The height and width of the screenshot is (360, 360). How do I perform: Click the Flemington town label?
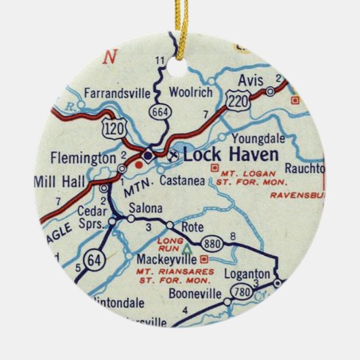(83, 158)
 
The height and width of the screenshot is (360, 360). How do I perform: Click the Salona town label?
(146, 207)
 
